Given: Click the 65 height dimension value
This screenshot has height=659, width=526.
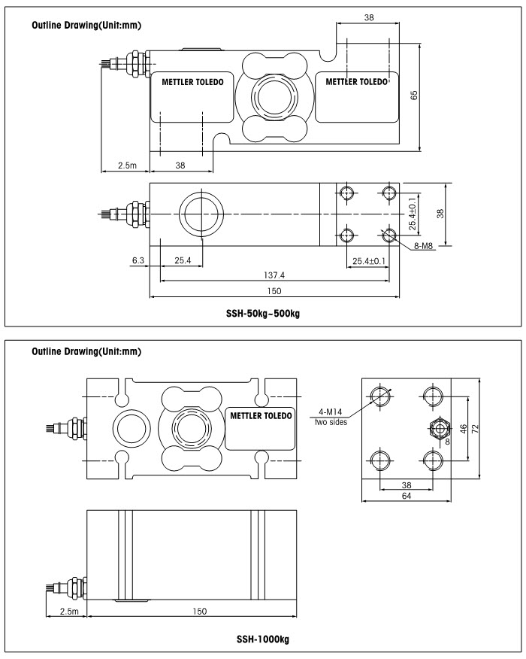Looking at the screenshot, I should [414, 95].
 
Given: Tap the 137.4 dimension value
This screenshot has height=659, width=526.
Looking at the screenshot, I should [273, 275].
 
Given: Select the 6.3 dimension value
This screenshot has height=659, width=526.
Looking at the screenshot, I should [138, 260].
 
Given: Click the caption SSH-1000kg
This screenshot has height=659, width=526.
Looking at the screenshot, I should [262, 639].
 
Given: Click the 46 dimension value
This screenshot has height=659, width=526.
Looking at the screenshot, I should [464, 430].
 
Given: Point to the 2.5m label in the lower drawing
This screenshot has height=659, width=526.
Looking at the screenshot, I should [66, 611].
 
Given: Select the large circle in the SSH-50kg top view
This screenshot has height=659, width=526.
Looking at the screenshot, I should [201, 214].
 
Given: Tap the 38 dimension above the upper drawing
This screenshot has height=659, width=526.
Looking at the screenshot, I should [368, 17].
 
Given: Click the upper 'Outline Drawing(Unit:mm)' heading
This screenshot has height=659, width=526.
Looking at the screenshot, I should [86, 26].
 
